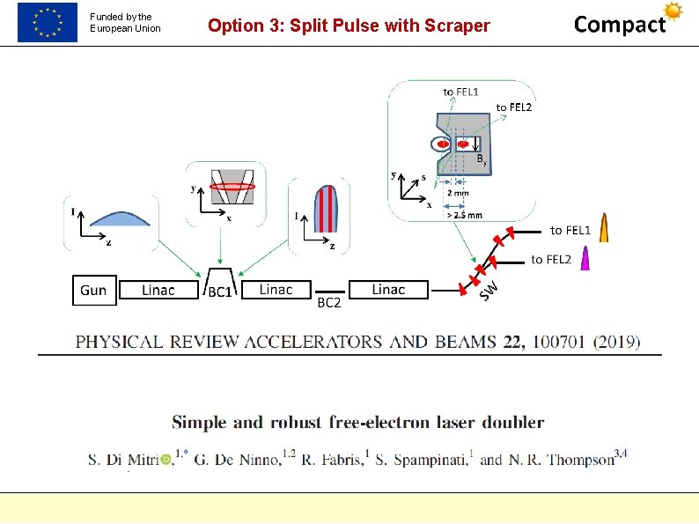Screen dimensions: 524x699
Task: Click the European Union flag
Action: coord(48,22)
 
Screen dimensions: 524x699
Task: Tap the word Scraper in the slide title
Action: coord(457,26)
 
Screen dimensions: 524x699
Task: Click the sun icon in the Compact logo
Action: coord(673,11)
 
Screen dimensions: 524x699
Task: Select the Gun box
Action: coord(93,291)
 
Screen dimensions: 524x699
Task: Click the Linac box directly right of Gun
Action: coord(158,291)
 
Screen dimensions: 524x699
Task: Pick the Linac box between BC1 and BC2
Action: coord(276,290)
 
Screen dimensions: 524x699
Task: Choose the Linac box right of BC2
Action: coord(388,290)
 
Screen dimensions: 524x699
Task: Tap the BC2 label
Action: coord(328,303)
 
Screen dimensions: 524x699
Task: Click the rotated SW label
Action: coord(489,288)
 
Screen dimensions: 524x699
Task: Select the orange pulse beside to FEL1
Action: coord(604,228)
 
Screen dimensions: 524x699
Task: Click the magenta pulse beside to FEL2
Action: coord(585,258)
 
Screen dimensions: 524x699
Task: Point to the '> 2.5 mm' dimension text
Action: coord(463,214)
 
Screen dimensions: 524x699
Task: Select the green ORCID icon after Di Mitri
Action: coord(166,460)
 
